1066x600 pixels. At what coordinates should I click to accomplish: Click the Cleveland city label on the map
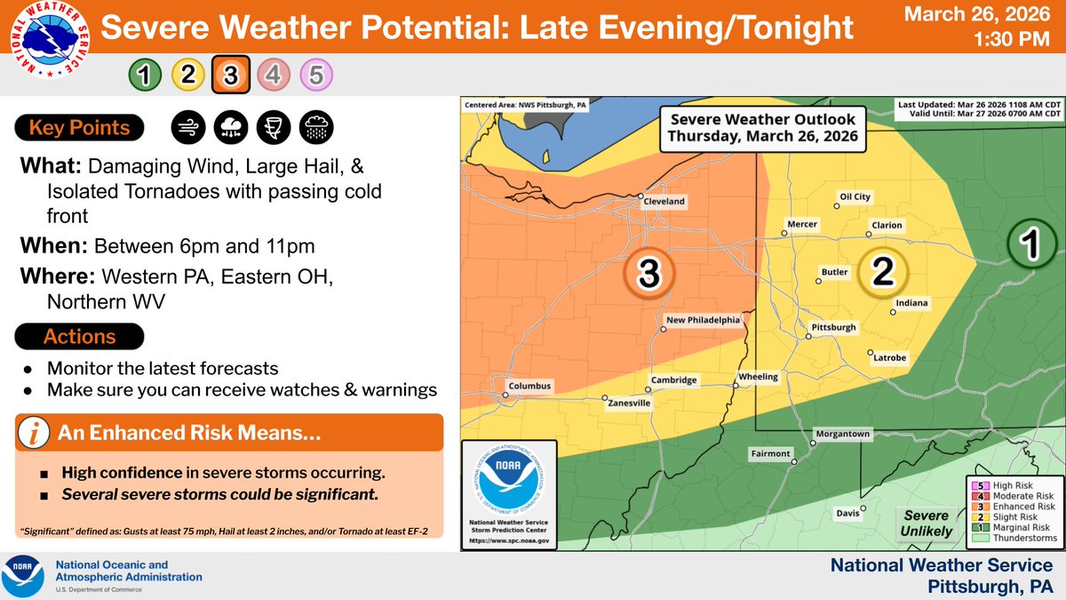(664, 202)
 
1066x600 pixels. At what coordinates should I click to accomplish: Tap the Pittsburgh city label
(833, 328)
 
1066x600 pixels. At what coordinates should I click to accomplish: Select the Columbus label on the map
(529, 387)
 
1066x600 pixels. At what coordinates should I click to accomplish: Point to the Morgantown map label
(843, 435)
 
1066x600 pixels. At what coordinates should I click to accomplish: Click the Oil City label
(855, 196)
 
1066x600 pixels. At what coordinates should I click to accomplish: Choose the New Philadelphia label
(703, 320)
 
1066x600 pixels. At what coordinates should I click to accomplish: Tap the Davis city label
(847, 514)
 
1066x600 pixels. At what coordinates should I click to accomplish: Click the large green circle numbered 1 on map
(1030, 247)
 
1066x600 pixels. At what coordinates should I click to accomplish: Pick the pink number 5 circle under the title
(316, 76)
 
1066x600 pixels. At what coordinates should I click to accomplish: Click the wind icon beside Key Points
(187, 128)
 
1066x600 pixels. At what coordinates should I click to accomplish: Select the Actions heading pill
(79, 337)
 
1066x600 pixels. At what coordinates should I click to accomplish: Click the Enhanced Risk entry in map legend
(1012, 507)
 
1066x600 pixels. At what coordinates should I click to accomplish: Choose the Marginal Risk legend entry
(1012, 528)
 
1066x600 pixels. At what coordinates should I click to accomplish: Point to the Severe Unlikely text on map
(927, 524)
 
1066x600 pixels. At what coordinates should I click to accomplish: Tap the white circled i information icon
(34, 434)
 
